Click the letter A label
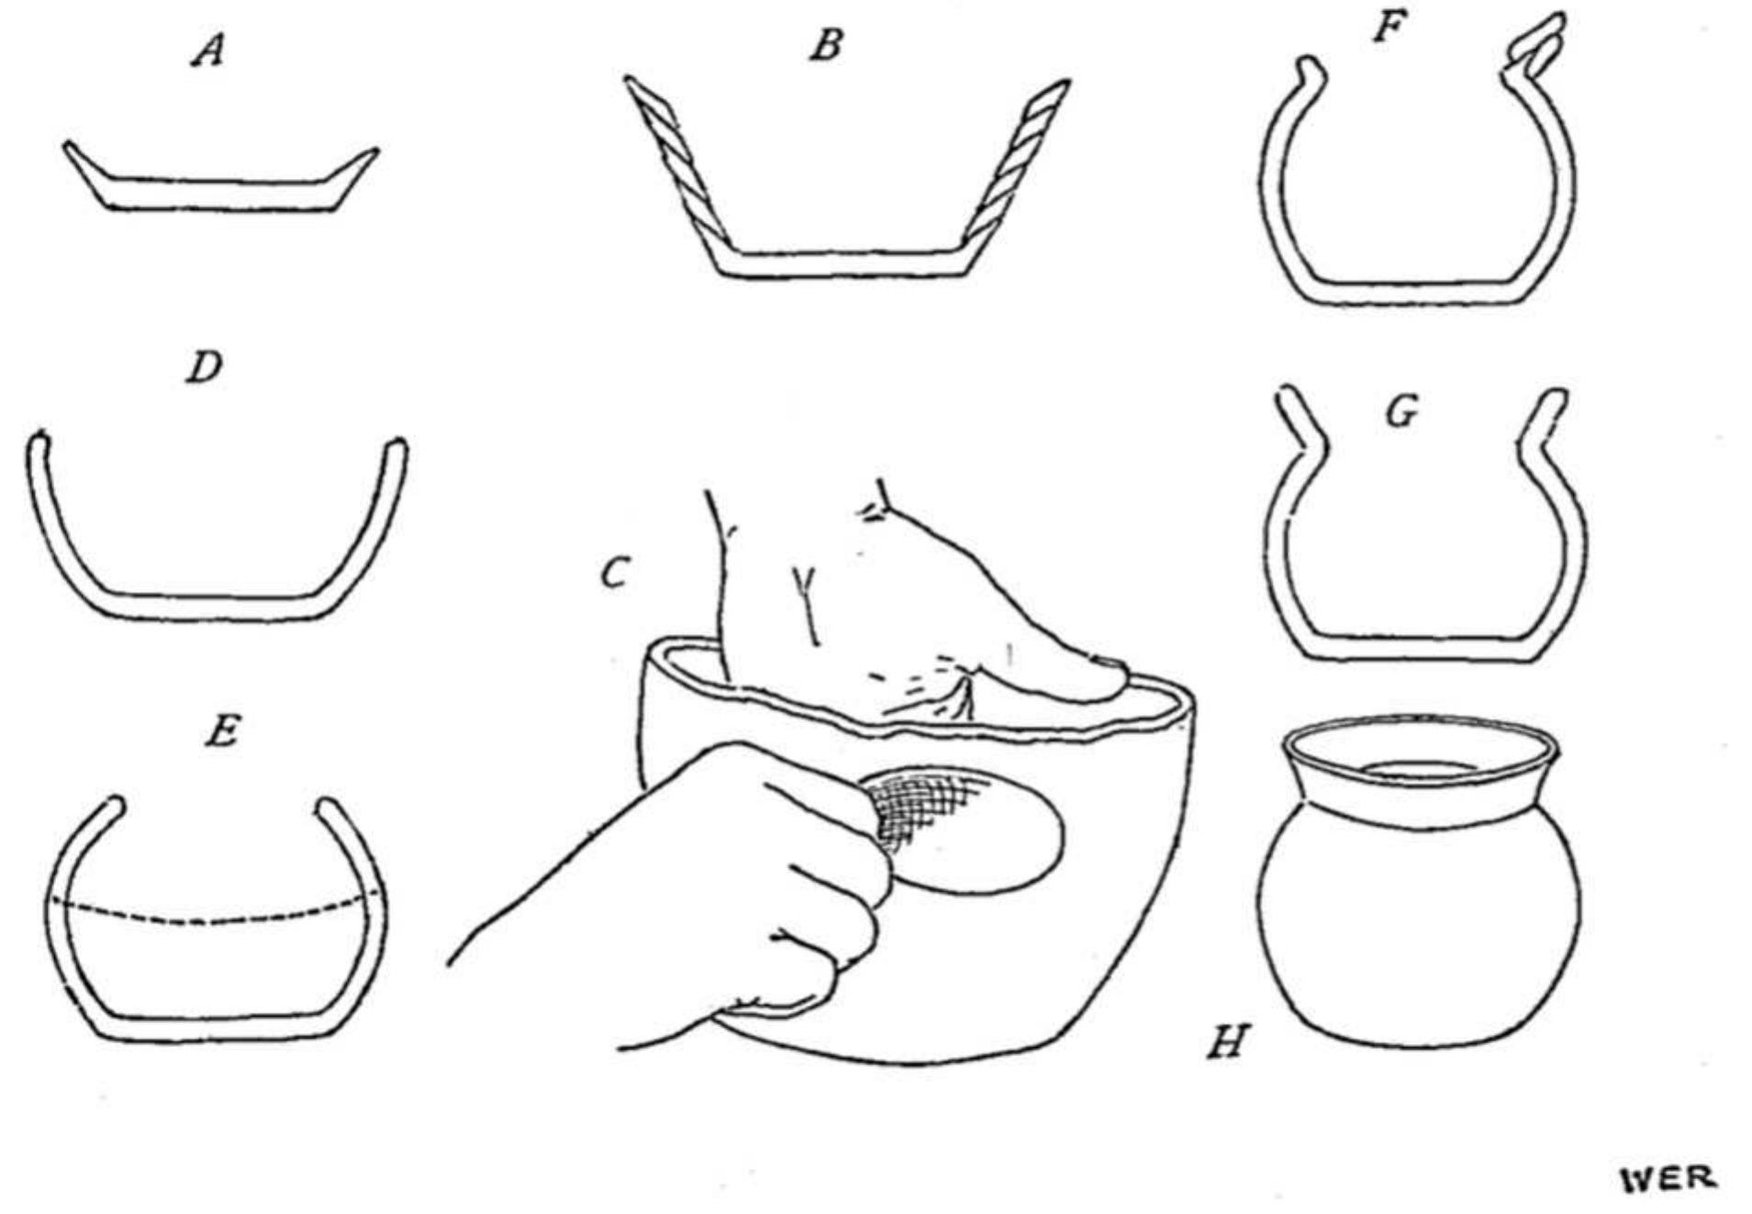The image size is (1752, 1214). click(208, 51)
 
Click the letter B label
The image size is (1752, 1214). click(825, 45)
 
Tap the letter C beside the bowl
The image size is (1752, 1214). click(614, 574)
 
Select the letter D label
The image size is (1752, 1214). click(204, 368)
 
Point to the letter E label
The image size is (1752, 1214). click(221, 732)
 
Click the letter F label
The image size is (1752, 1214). click(1389, 28)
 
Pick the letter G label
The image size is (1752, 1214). click(1400, 413)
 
